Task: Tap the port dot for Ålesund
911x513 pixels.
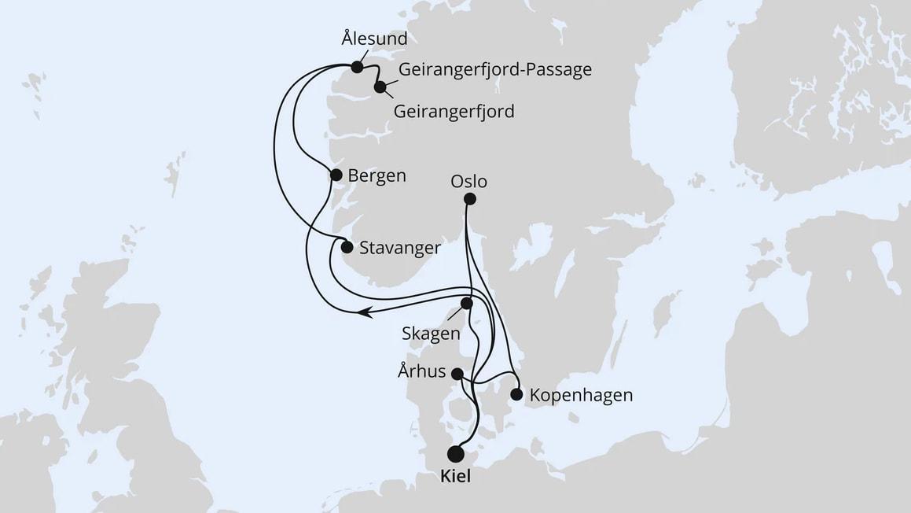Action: [358, 68]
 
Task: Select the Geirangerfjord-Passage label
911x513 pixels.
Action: [495, 69]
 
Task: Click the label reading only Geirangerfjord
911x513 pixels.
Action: [453, 112]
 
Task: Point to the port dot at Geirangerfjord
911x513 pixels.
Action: [380, 87]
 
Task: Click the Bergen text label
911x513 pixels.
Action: [377, 175]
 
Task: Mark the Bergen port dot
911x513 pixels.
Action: [336, 175]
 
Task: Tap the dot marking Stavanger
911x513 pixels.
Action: [347, 247]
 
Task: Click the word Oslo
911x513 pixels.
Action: [469, 182]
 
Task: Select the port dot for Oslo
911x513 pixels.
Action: [470, 199]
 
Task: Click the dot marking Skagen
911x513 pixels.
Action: [467, 303]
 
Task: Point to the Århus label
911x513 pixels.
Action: [422, 372]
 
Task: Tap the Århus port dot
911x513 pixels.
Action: [457, 375]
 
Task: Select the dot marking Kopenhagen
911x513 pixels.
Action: [516, 394]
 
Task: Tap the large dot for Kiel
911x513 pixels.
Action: [455, 454]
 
